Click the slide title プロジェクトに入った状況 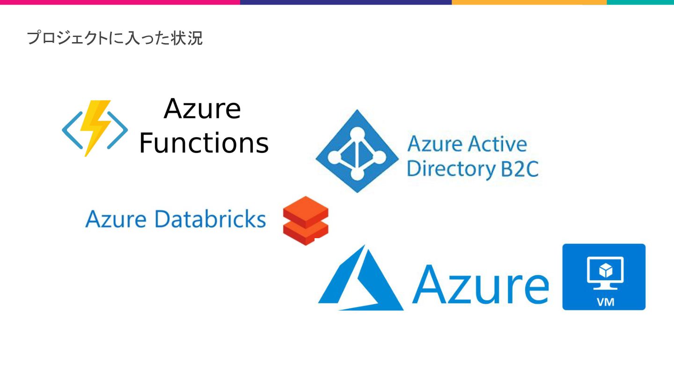click(x=115, y=38)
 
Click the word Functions click(x=204, y=143)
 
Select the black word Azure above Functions click(x=202, y=109)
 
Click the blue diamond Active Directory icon click(x=357, y=151)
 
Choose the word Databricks click(x=210, y=219)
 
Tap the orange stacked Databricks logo click(x=306, y=220)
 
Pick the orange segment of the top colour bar click(x=529, y=2)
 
